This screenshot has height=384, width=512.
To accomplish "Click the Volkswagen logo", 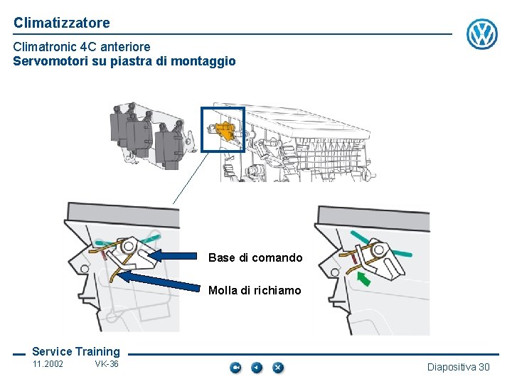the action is point(482,33).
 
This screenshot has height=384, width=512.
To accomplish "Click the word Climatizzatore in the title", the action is point(61,23).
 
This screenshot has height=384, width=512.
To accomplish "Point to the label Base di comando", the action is point(255,257).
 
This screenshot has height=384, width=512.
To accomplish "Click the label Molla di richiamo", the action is point(255,290).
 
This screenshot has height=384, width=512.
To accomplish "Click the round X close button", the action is point(278,368).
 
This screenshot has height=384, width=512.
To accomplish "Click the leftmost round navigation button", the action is point(235,368).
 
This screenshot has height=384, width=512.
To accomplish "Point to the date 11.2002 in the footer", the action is point(48,364).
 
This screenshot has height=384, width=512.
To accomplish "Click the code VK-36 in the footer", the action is point(107,364).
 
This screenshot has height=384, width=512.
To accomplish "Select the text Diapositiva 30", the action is point(458,367).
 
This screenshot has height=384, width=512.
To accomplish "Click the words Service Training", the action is point(76,351).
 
